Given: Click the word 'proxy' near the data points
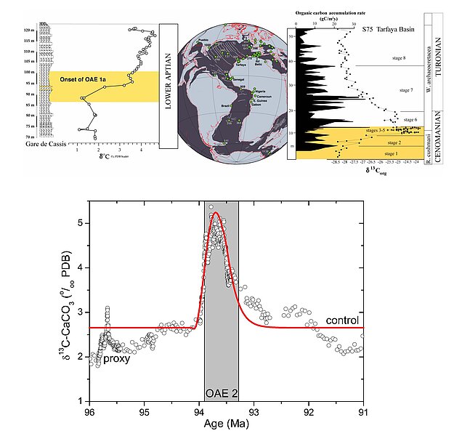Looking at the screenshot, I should point(117,358).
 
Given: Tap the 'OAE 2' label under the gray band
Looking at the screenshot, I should point(221,393).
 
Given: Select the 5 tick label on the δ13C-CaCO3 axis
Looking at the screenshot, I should point(78,223).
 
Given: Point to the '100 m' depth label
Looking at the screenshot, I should point(49,73).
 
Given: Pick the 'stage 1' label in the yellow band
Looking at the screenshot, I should point(392,154).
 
